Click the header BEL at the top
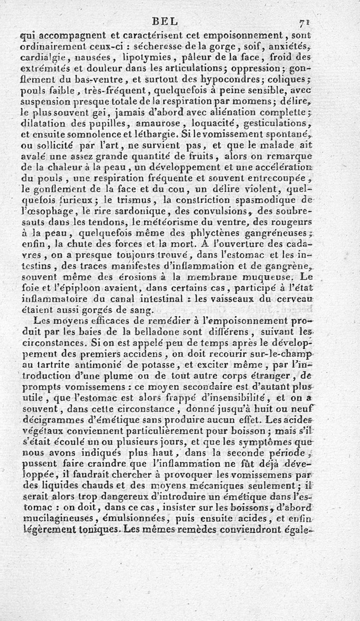pos(166,21)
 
